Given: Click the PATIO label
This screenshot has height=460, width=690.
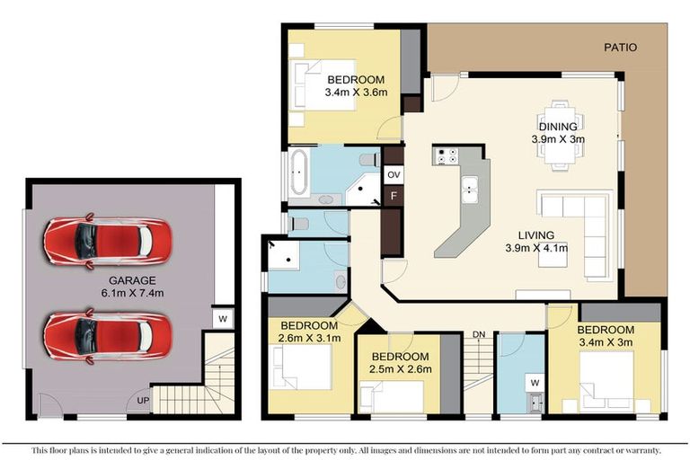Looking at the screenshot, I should point(620,48).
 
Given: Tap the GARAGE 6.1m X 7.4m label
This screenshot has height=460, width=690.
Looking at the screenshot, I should point(133,286).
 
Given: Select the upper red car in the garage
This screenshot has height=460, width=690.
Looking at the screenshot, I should point(106,240).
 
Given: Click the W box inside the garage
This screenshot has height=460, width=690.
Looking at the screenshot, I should point(222,318).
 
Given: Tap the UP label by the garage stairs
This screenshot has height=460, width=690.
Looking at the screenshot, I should point(142,400).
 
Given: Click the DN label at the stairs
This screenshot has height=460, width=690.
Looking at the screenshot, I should point(479,335).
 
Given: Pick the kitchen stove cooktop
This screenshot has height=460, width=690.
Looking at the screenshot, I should point(447,156).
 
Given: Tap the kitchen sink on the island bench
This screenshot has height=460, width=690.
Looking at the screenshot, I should point(468,187).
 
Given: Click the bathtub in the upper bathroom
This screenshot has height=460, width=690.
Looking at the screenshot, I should point(297,173).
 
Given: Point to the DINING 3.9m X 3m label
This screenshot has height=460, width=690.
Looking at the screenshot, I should point(559,133).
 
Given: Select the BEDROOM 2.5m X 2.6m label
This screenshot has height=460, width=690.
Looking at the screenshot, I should point(402,362).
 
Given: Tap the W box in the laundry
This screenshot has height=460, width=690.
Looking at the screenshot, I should point(534,383).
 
